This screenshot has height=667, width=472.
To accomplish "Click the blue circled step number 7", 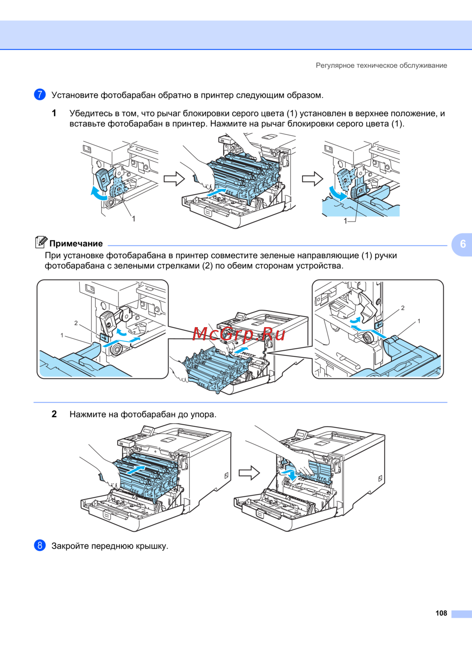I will [x=40, y=94].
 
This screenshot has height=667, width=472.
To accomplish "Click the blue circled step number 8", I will [x=40, y=545].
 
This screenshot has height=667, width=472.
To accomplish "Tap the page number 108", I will [x=441, y=613].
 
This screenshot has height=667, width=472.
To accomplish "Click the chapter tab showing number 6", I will [x=463, y=244].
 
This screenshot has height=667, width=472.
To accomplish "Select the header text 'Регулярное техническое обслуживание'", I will [x=381, y=66].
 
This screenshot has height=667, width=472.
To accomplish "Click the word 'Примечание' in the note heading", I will [x=76, y=244].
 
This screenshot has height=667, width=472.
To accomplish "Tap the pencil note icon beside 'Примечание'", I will [x=41, y=242].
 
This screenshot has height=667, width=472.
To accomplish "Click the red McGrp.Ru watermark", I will [x=239, y=334].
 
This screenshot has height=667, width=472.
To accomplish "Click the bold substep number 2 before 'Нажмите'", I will [x=54, y=414].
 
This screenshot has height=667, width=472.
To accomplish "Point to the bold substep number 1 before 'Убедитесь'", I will [x=54, y=113].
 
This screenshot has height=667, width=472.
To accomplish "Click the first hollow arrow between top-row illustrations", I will [x=174, y=179].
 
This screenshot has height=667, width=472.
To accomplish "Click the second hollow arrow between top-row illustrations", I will [x=312, y=179].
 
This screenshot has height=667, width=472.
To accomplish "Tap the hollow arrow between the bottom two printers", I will [x=249, y=472].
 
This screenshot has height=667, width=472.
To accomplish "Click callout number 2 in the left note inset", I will [x=76, y=323].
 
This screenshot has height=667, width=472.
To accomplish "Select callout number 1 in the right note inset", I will [x=419, y=321].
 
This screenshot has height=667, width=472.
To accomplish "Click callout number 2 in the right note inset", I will [x=403, y=308].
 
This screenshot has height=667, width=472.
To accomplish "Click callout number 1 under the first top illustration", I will [x=134, y=219].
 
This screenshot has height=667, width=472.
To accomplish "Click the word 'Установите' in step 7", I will [x=75, y=95].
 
